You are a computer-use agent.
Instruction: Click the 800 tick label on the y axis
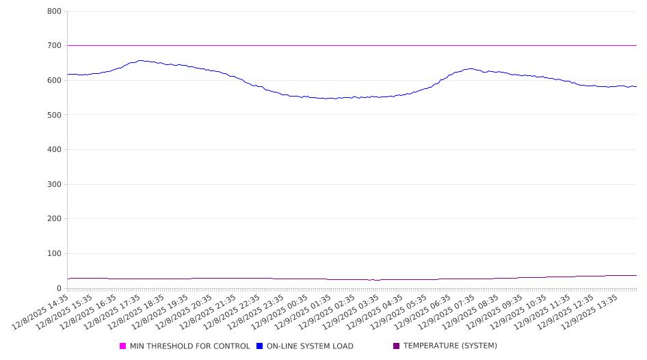coord(55,12)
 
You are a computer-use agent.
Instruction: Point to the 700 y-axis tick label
coord(55,46)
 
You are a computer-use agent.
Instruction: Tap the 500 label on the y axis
coord(55,115)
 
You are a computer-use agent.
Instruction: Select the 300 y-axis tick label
coord(55,184)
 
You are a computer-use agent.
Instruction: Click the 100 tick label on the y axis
coord(55,254)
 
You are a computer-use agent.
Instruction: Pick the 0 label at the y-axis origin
coord(60,288)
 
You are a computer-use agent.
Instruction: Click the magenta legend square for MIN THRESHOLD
coord(123,346)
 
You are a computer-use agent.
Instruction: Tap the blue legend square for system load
coord(260,346)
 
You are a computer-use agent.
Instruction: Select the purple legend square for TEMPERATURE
coord(397,346)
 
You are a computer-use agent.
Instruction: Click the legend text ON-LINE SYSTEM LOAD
coord(310,346)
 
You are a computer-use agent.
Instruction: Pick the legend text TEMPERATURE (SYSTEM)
coord(450,346)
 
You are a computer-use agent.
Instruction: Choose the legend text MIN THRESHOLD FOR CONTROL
coord(190,346)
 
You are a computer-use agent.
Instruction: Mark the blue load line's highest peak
coord(140,61)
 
